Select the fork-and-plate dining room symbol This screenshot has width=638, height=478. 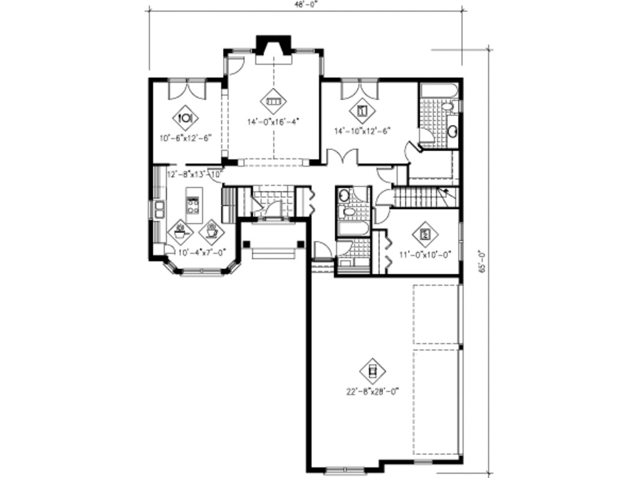click(x=185, y=116)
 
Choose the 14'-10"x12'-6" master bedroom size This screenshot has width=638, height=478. click(x=362, y=131)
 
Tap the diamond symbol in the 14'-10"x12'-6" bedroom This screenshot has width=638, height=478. click(x=363, y=111)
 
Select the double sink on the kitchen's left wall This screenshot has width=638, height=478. click(x=159, y=209)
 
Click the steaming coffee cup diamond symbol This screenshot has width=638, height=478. click(x=211, y=232)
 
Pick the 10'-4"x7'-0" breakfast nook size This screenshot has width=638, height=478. click(x=201, y=253)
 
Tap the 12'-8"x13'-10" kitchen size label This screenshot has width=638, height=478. click(x=196, y=174)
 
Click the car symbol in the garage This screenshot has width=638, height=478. click(x=373, y=372)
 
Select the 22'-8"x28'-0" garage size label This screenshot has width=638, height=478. click(x=372, y=392)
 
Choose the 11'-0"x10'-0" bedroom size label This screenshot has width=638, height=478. click(x=425, y=253)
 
